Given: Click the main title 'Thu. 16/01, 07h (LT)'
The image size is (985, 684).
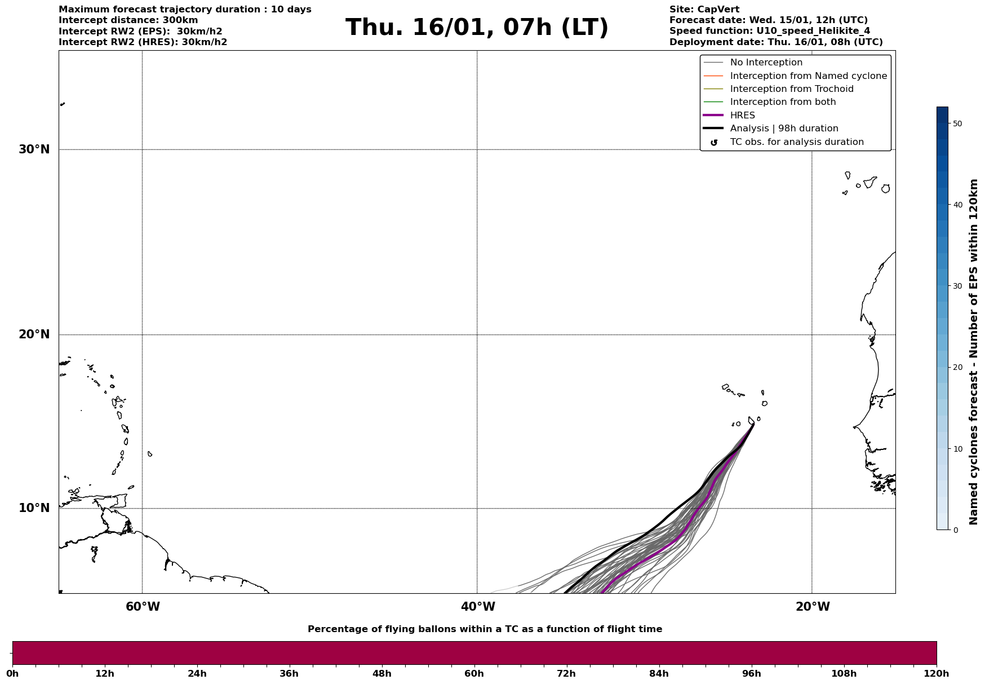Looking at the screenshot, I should tap(477, 28).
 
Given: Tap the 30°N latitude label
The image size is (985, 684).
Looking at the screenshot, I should tap(34, 149).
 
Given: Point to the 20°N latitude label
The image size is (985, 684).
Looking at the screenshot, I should tap(34, 334).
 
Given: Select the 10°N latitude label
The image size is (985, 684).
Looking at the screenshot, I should tap(34, 508).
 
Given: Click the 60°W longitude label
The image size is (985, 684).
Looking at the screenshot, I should tap(143, 607).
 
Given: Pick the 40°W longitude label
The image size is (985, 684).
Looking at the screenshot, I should tap(478, 607).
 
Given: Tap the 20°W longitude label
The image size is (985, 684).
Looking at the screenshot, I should tap(813, 607).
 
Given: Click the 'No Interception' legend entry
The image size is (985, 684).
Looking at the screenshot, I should tap(766, 63).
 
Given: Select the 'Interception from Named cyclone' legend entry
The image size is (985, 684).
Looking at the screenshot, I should tap(808, 76).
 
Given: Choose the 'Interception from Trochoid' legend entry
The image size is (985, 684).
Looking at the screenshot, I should tap(791, 89).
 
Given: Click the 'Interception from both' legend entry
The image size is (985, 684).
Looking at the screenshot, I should tap(783, 102).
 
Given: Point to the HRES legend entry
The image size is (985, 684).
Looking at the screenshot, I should tap(742, 116).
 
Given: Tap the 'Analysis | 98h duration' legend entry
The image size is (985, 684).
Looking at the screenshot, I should tap(784, 129).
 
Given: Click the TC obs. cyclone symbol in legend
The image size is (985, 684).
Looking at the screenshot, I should tap(714, 142).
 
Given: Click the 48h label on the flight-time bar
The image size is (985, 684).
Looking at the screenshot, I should tap(381, 674).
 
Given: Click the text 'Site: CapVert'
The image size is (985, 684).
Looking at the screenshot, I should tap(704, 10).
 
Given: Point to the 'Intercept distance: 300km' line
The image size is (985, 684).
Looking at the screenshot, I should tap(128, 20).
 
